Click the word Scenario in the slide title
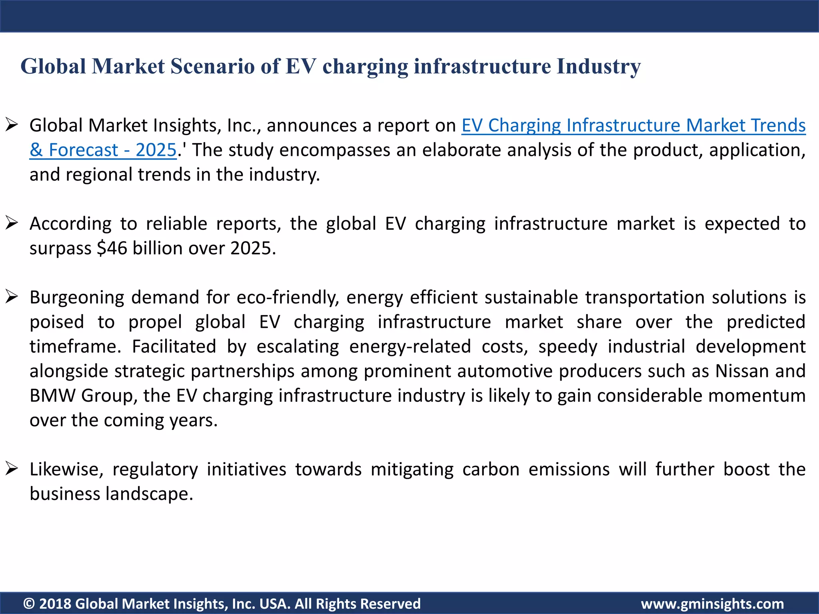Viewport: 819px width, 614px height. (x=212, y=66)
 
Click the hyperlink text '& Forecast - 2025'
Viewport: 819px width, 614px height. (x=103, y=150)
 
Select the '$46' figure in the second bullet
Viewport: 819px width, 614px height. (x=112, y=248)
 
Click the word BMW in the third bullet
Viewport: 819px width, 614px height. (x=52, y=396)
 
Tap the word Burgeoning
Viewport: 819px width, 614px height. (x=77, y=298)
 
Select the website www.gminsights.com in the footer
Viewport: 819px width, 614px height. (x=712, y=604)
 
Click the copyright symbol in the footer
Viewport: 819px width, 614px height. (x=29, y=604)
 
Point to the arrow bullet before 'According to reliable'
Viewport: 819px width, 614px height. (x=12, y=223)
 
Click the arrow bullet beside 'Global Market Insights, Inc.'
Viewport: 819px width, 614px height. (x=12, y=125)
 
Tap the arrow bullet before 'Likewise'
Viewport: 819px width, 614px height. (x=12, y=468)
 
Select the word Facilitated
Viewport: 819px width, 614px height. (x=174, y=347)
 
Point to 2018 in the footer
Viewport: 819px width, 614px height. (x=55, y=604)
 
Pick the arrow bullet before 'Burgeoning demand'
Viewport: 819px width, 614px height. (x=12, y=297)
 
